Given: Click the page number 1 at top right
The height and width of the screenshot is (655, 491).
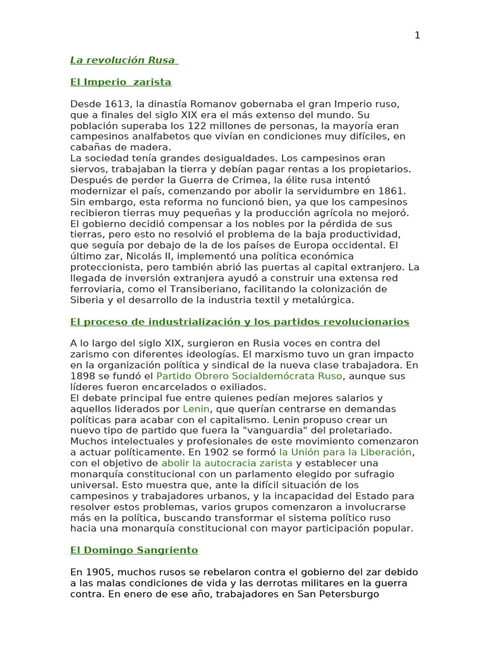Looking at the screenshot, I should (417, 36).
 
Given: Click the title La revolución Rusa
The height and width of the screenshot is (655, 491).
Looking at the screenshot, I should (123, 60).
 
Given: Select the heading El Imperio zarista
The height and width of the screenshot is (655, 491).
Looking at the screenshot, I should (120, 82).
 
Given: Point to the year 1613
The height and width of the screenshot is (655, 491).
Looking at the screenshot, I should (114, 104).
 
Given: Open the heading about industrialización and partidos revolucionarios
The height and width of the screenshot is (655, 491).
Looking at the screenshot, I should (239, 322).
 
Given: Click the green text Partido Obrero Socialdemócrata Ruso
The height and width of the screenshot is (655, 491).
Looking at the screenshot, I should (249, 376).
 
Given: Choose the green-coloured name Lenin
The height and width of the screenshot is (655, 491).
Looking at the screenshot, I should (196, 409).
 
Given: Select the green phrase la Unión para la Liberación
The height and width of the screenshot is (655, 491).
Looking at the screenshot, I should (345, 452).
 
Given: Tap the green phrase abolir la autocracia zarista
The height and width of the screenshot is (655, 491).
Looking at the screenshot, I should (226, 463).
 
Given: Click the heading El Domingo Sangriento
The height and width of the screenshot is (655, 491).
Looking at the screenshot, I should (134, 550).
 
